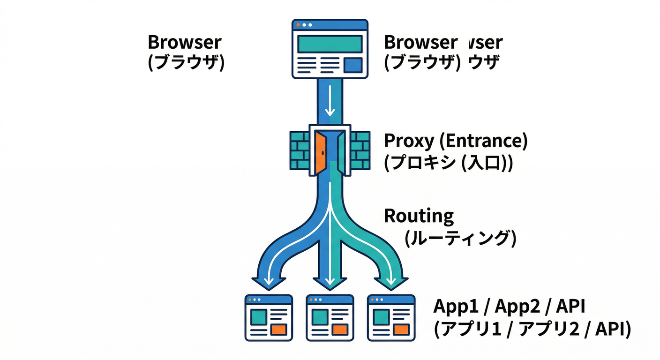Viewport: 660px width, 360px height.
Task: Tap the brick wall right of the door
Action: (x=360, y=150)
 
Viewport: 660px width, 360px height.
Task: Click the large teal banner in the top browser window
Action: (x=330, y=44)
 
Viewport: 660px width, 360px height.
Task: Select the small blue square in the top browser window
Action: (x=353, y=65)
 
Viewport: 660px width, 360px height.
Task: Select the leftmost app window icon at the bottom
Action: (x=269, y=317)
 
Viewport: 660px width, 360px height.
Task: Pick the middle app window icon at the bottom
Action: (x=330, y=317)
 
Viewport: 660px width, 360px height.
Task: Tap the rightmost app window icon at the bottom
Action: (x=391, y=317)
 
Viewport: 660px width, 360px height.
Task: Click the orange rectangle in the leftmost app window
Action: (x=279, y=328)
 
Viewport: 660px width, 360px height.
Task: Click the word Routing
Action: (x=419, y=217)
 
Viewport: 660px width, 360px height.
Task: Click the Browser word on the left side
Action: (x=184, y=42)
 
